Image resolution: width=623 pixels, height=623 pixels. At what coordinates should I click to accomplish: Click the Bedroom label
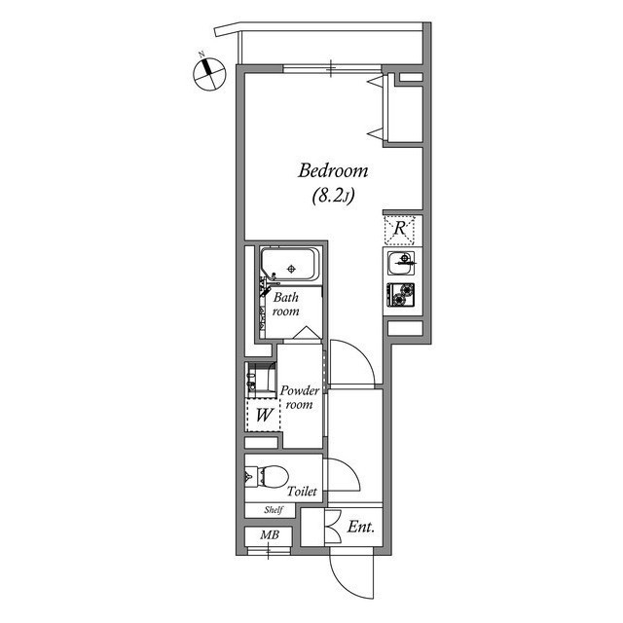click(x=333, y=171)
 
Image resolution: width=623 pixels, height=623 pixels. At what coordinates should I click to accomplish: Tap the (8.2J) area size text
click(x=333, y=196)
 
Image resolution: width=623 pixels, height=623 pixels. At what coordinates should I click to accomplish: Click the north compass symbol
click(x=209, y=74)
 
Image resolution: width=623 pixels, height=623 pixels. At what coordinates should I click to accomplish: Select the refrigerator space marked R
click(x=399, y=230)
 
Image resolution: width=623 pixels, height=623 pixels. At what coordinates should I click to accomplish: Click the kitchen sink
click(x=402, y=263)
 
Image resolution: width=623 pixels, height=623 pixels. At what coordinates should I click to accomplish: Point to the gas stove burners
click(x=401, y=294)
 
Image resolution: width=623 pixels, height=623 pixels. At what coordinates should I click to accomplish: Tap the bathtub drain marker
click(x=291, y=269)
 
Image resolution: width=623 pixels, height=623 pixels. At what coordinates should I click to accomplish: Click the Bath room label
click(x=285, y=304)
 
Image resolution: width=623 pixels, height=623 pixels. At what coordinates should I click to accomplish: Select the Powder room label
click(x=300, y=397)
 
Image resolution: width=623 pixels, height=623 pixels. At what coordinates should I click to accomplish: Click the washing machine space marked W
click(x=264, y=416)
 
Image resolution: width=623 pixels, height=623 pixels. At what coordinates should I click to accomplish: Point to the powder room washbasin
click(x=260, y=380)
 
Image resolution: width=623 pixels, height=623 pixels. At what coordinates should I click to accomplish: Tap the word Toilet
click(x=302, y=492)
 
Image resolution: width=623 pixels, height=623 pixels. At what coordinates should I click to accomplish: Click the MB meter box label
click(x=270, y=534)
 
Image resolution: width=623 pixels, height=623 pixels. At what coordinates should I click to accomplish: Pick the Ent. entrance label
click(x=361, y=528)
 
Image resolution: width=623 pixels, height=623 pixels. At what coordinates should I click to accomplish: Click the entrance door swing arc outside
click(x=341, y=583)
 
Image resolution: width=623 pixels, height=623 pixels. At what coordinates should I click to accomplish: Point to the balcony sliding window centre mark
click(x=331, y=68)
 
